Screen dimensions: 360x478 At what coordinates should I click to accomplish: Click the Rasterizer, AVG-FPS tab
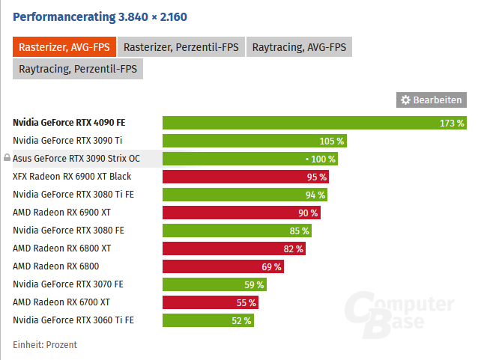[x=64, y=47]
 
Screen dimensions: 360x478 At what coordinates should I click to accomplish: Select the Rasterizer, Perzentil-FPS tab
[x=181, y=47]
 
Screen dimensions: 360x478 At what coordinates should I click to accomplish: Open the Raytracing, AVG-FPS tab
[x=299, y=47]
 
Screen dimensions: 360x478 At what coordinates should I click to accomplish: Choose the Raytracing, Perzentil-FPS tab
[x=78, y=69]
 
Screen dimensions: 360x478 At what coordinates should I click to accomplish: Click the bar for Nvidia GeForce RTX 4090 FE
[x=300, y=123]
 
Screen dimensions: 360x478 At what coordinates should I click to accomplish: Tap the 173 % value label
[x=452, y=123]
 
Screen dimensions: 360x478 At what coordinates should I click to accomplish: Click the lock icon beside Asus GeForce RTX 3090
[x=7, y=159]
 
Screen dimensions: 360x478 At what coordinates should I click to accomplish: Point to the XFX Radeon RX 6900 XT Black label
[x=72, y=177]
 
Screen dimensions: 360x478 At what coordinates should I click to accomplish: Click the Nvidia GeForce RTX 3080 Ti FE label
[x=73, y=195]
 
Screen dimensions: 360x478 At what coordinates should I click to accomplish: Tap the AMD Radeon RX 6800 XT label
[x=62, y=248]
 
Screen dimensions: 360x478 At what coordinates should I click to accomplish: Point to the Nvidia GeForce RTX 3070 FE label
[x=68, y=284]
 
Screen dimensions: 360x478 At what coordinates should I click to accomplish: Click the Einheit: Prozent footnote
[x=45, y=344]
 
